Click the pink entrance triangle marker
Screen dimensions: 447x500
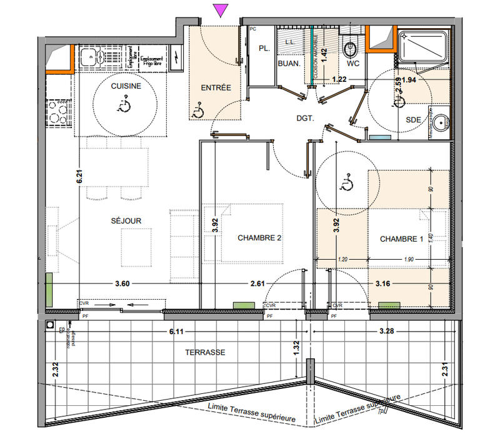pos(220,9)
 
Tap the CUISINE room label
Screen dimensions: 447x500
pos(126,86)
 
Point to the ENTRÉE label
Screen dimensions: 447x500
pos(216,88)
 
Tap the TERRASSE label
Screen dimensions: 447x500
pos(204,352)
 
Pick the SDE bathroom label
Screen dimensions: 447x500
pos(413,119)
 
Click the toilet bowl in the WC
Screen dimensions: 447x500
pos(351,47)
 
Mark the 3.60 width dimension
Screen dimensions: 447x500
pos(122,284)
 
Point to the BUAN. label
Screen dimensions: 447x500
pos(289,63)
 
